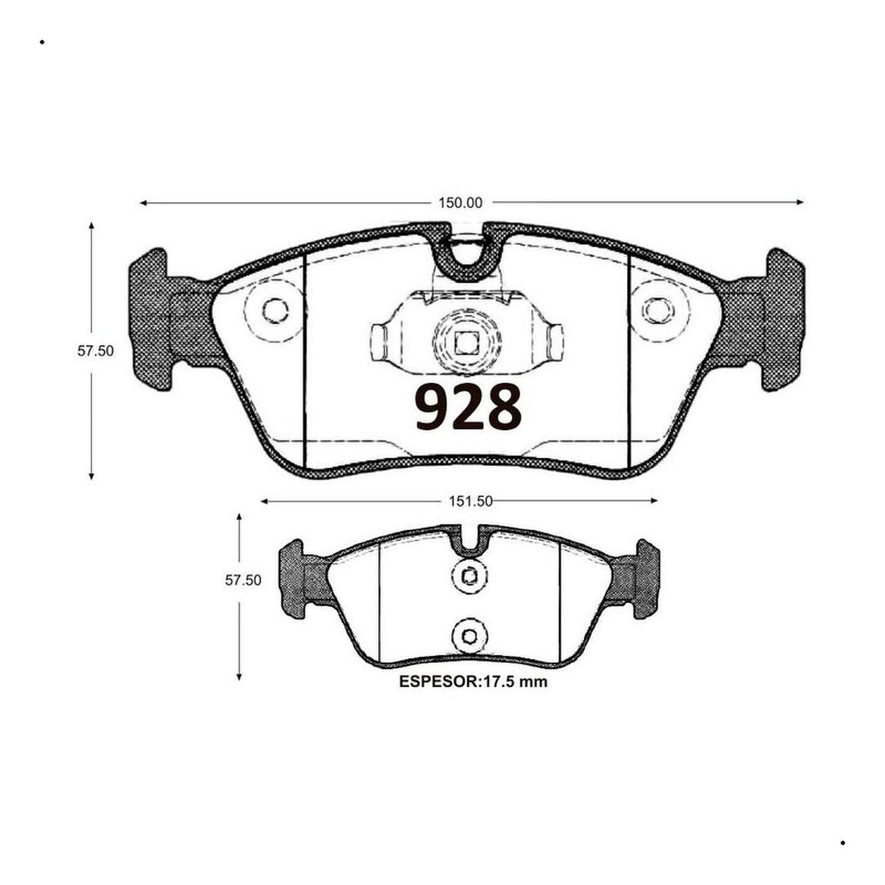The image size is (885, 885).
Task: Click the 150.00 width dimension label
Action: pos(460,203)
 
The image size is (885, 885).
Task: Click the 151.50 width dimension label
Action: pos(471,501)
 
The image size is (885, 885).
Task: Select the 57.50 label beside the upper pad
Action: pos(95,351)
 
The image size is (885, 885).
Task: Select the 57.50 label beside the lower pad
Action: pos(243,580)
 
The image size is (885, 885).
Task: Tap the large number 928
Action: pos(468,407)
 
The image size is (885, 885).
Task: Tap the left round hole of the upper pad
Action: pos(276,311)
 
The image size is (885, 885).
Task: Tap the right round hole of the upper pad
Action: pos(658,311)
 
